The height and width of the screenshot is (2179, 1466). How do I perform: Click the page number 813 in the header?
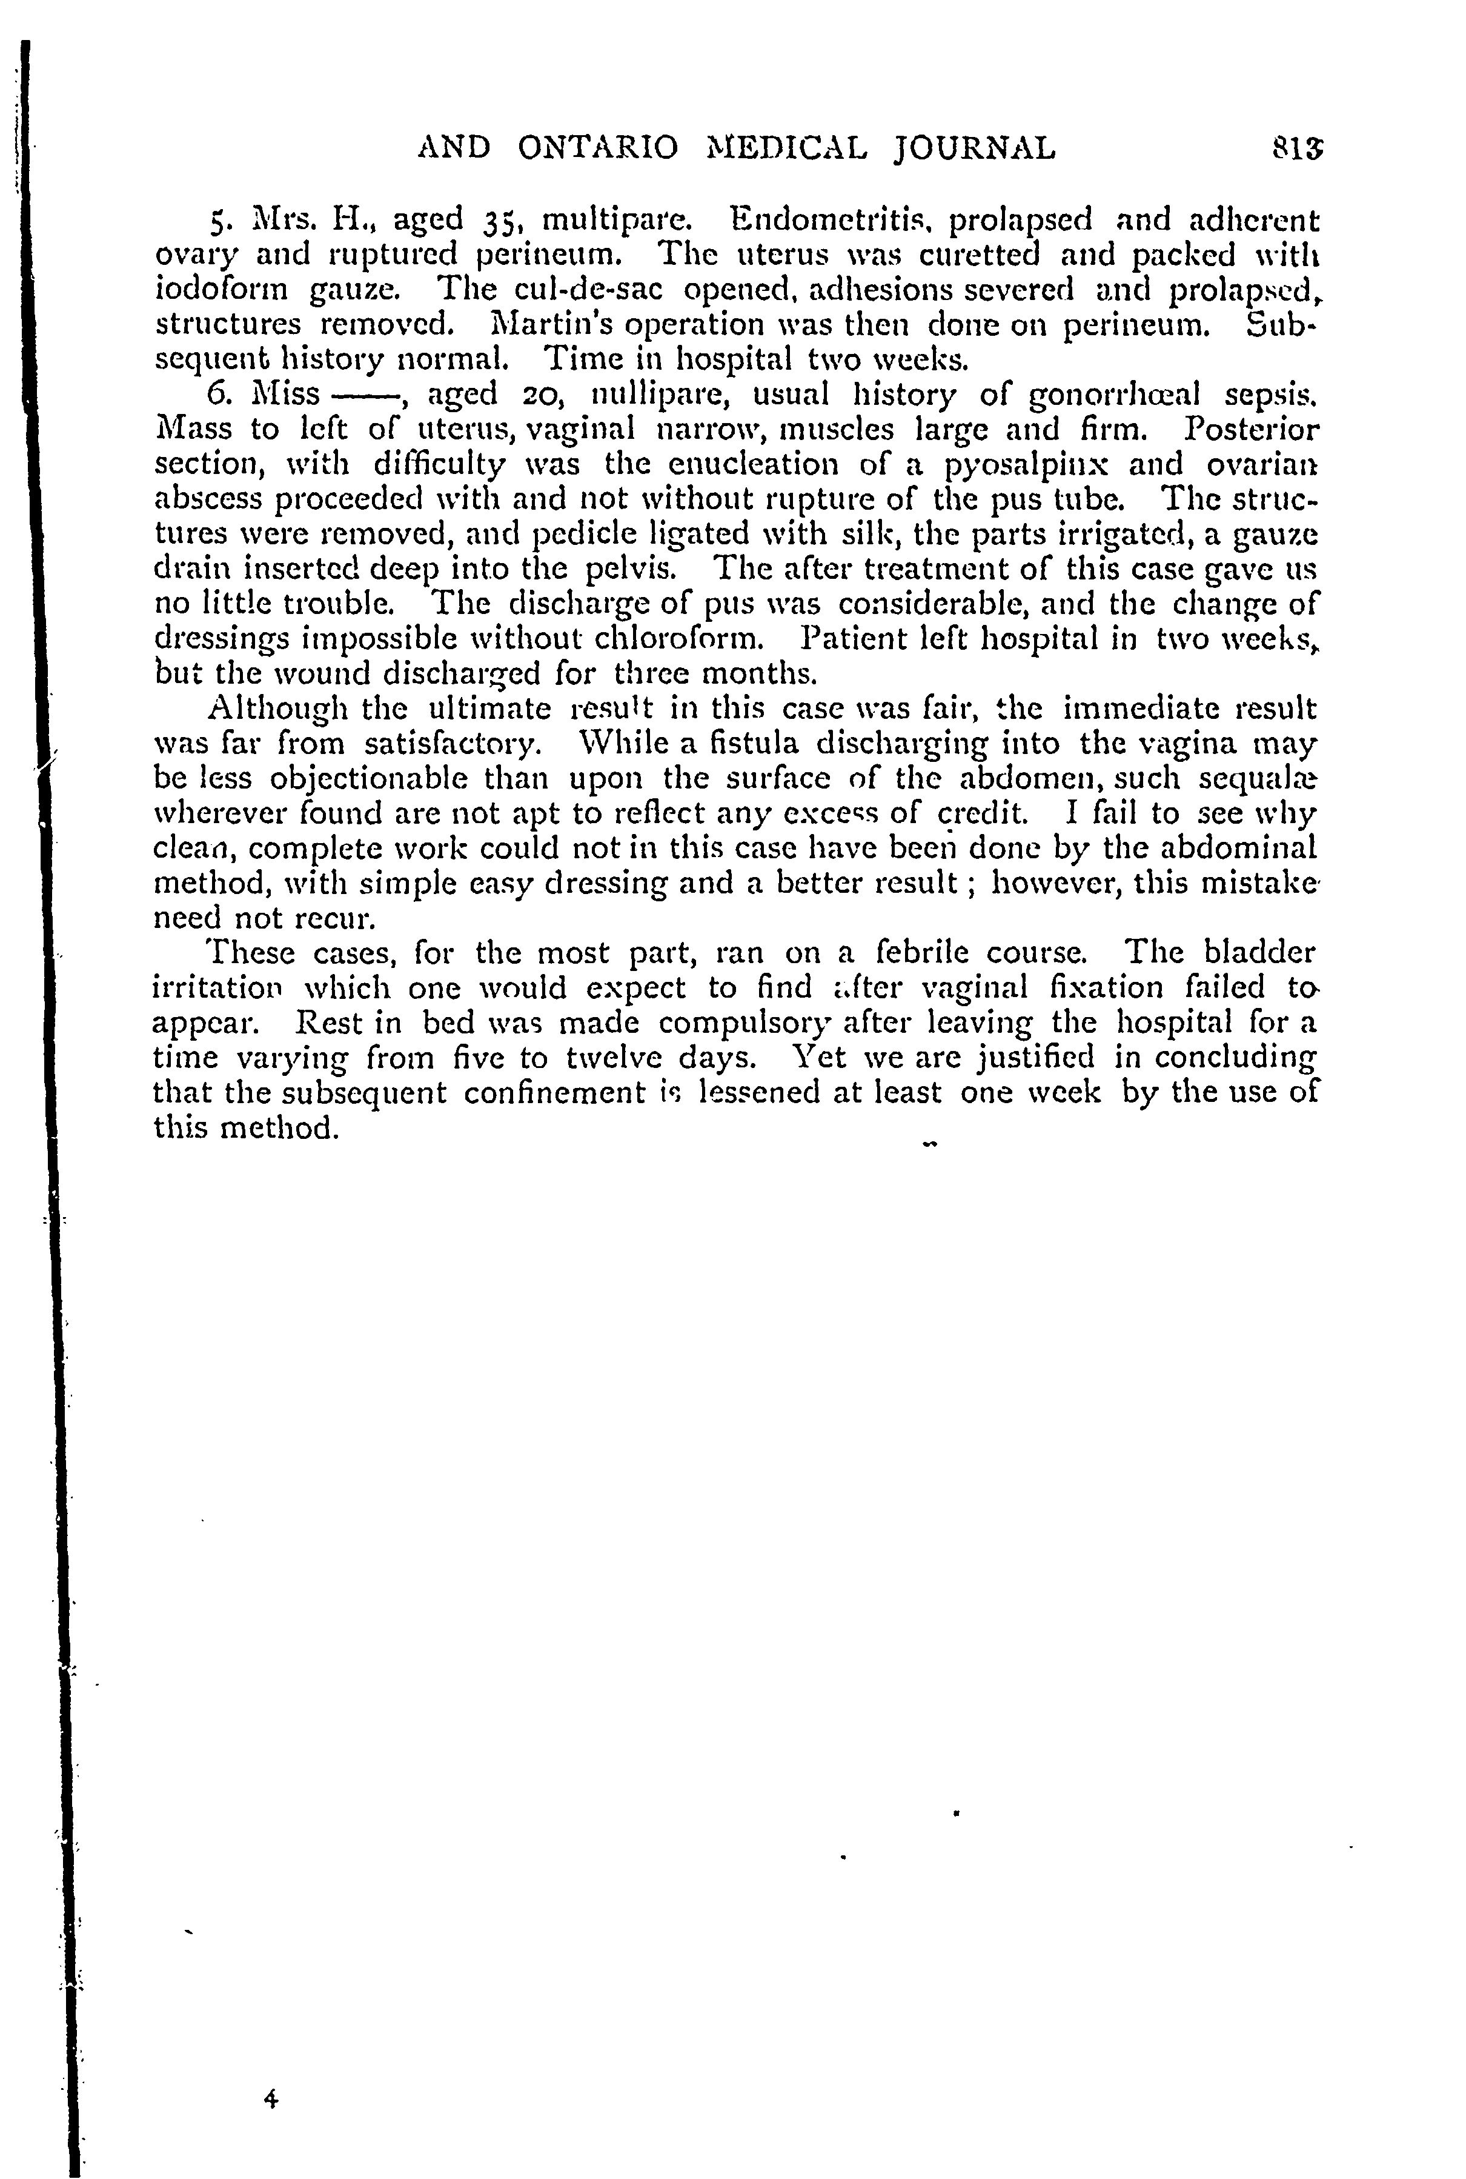coord(1297,148)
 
